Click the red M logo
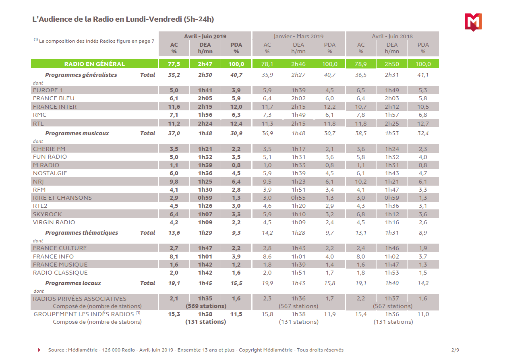[473, 22]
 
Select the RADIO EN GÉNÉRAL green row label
[95, 64]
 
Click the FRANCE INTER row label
[55, 107]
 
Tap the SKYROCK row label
[48, 214]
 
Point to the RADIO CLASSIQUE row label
[54, 273]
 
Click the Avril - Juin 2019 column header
[205, 36]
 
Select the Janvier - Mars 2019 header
[298, 36]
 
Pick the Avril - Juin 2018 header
[392, 36]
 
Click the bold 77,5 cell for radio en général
[174, 64]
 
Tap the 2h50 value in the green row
[392, 64]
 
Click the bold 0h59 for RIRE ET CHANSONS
[205, 198]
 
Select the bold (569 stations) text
[205, 306]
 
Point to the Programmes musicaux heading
[77, 133]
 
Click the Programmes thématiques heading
[81, 233]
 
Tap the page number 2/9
[455, 350]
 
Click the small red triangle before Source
[39, 350]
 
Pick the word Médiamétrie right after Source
[82, 350]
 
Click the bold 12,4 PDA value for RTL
[236, 123]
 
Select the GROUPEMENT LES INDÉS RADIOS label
[83, 314]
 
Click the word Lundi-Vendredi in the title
[153, 19]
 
